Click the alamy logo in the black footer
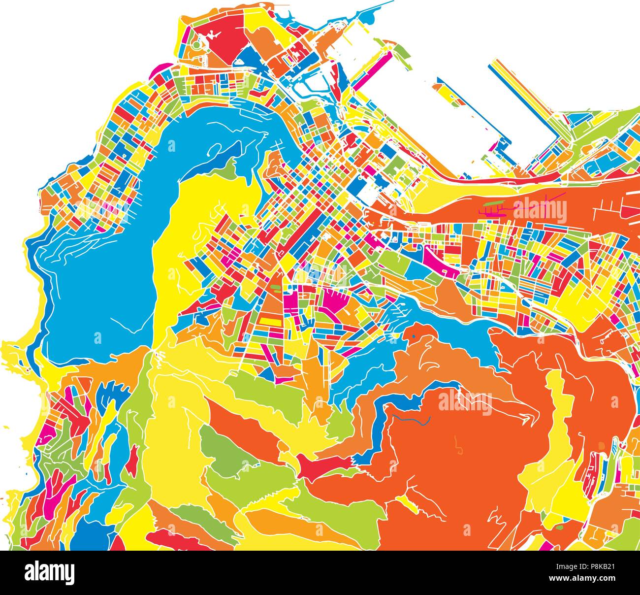click(49, 573)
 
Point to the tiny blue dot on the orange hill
click(414, 336)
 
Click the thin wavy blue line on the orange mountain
click(411, 419)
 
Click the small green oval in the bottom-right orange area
click(559, 528)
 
